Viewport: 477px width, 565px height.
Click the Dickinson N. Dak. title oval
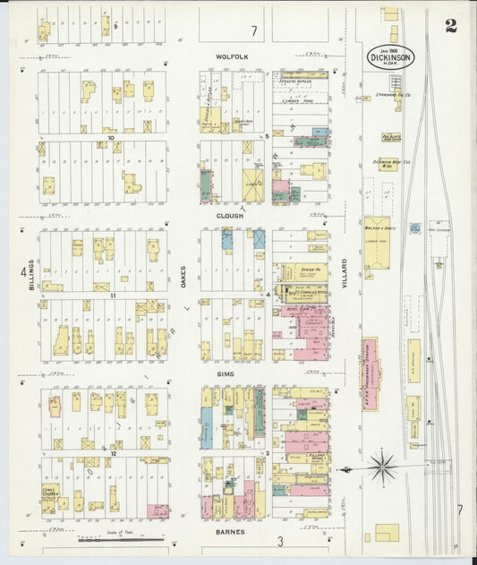(x=390, y=56)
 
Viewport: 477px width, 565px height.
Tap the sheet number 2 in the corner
(x=451, y=26)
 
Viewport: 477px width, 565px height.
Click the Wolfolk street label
(x=232, y=56)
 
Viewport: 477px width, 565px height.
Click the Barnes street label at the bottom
(x=231, y=532)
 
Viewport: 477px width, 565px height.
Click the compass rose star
(x=382, y=467)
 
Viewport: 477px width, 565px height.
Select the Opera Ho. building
(x=310, y=270)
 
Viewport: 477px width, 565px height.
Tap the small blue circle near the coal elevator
(x=415, y=228)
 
